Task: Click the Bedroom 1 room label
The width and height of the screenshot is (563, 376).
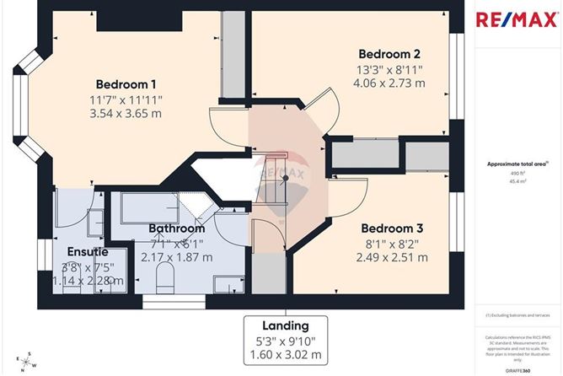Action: [x=126, y=84]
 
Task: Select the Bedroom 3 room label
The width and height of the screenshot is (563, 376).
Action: [x=391, y=228]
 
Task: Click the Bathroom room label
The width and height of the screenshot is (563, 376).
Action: [x=176, y=228]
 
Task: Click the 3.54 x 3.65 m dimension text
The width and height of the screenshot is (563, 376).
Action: [x=126, y=115]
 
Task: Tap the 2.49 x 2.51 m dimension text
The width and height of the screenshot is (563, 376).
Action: [x=391, y=257]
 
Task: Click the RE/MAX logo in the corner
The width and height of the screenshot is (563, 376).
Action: [x=518, y=19]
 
